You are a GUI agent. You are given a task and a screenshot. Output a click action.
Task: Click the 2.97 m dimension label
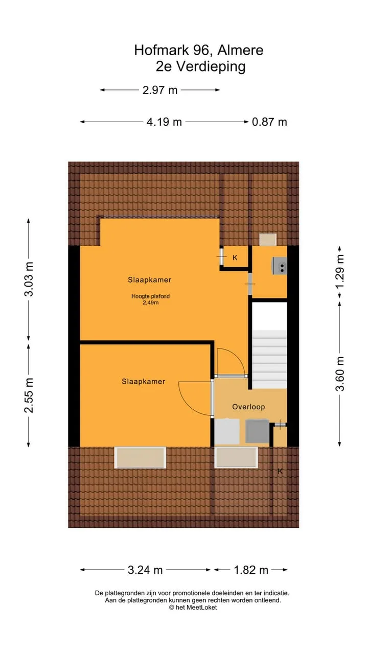pyautogui.click(x=160, y=90)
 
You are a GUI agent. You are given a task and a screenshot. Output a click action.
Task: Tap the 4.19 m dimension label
pyautogui.click(x=164, y=122)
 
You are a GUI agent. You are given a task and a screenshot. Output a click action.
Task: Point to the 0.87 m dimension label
pyautogui.click(x=269, y=122)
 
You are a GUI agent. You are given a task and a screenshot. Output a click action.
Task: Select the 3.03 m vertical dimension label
pyautogui.click(x=29, y=279)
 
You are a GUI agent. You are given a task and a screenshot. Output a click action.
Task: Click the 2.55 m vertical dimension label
pyautogui.click(x=29, y=395)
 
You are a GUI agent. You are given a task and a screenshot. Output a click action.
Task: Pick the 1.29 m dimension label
pyautogui.click(x=340, y=271)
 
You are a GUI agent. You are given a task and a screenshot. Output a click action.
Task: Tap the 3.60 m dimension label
pyautogui.click(x=340, y=373)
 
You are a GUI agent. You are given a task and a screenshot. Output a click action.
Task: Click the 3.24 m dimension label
pyautogui.click(x=145, y=570)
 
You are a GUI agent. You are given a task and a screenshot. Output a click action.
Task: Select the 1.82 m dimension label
pyautogui.click(x=251, y=570)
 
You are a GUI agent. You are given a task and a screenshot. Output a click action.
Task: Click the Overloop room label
pyautogui.click(x=248, y=407)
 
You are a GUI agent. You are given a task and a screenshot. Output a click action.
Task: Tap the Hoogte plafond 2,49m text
pyautogui.click(x=150, y=299)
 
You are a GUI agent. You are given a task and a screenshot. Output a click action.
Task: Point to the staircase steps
pyautogui.click(x=269, y=359)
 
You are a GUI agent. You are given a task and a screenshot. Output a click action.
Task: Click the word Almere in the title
pyautogui.click(x=240, y=50)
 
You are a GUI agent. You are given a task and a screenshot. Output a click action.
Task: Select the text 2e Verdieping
pyautogui.click(x=201, y=66)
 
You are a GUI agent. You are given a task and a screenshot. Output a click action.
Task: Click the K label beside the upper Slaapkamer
pyautogui.click(x=235, y=258)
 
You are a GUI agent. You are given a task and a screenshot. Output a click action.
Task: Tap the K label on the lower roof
pyautogui.click(x=280, y=471)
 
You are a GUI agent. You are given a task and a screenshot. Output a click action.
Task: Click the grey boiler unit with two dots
pyautogui.click(x=280, y=266)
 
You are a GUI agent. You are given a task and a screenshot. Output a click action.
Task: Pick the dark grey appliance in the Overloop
pyautogui.click(x=257, y=431)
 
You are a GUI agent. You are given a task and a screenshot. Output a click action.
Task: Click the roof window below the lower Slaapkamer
pyautogui.click(x=140, y=457)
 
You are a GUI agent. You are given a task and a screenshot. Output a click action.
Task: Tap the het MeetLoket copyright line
pyautogui.click(x=193, y=608)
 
